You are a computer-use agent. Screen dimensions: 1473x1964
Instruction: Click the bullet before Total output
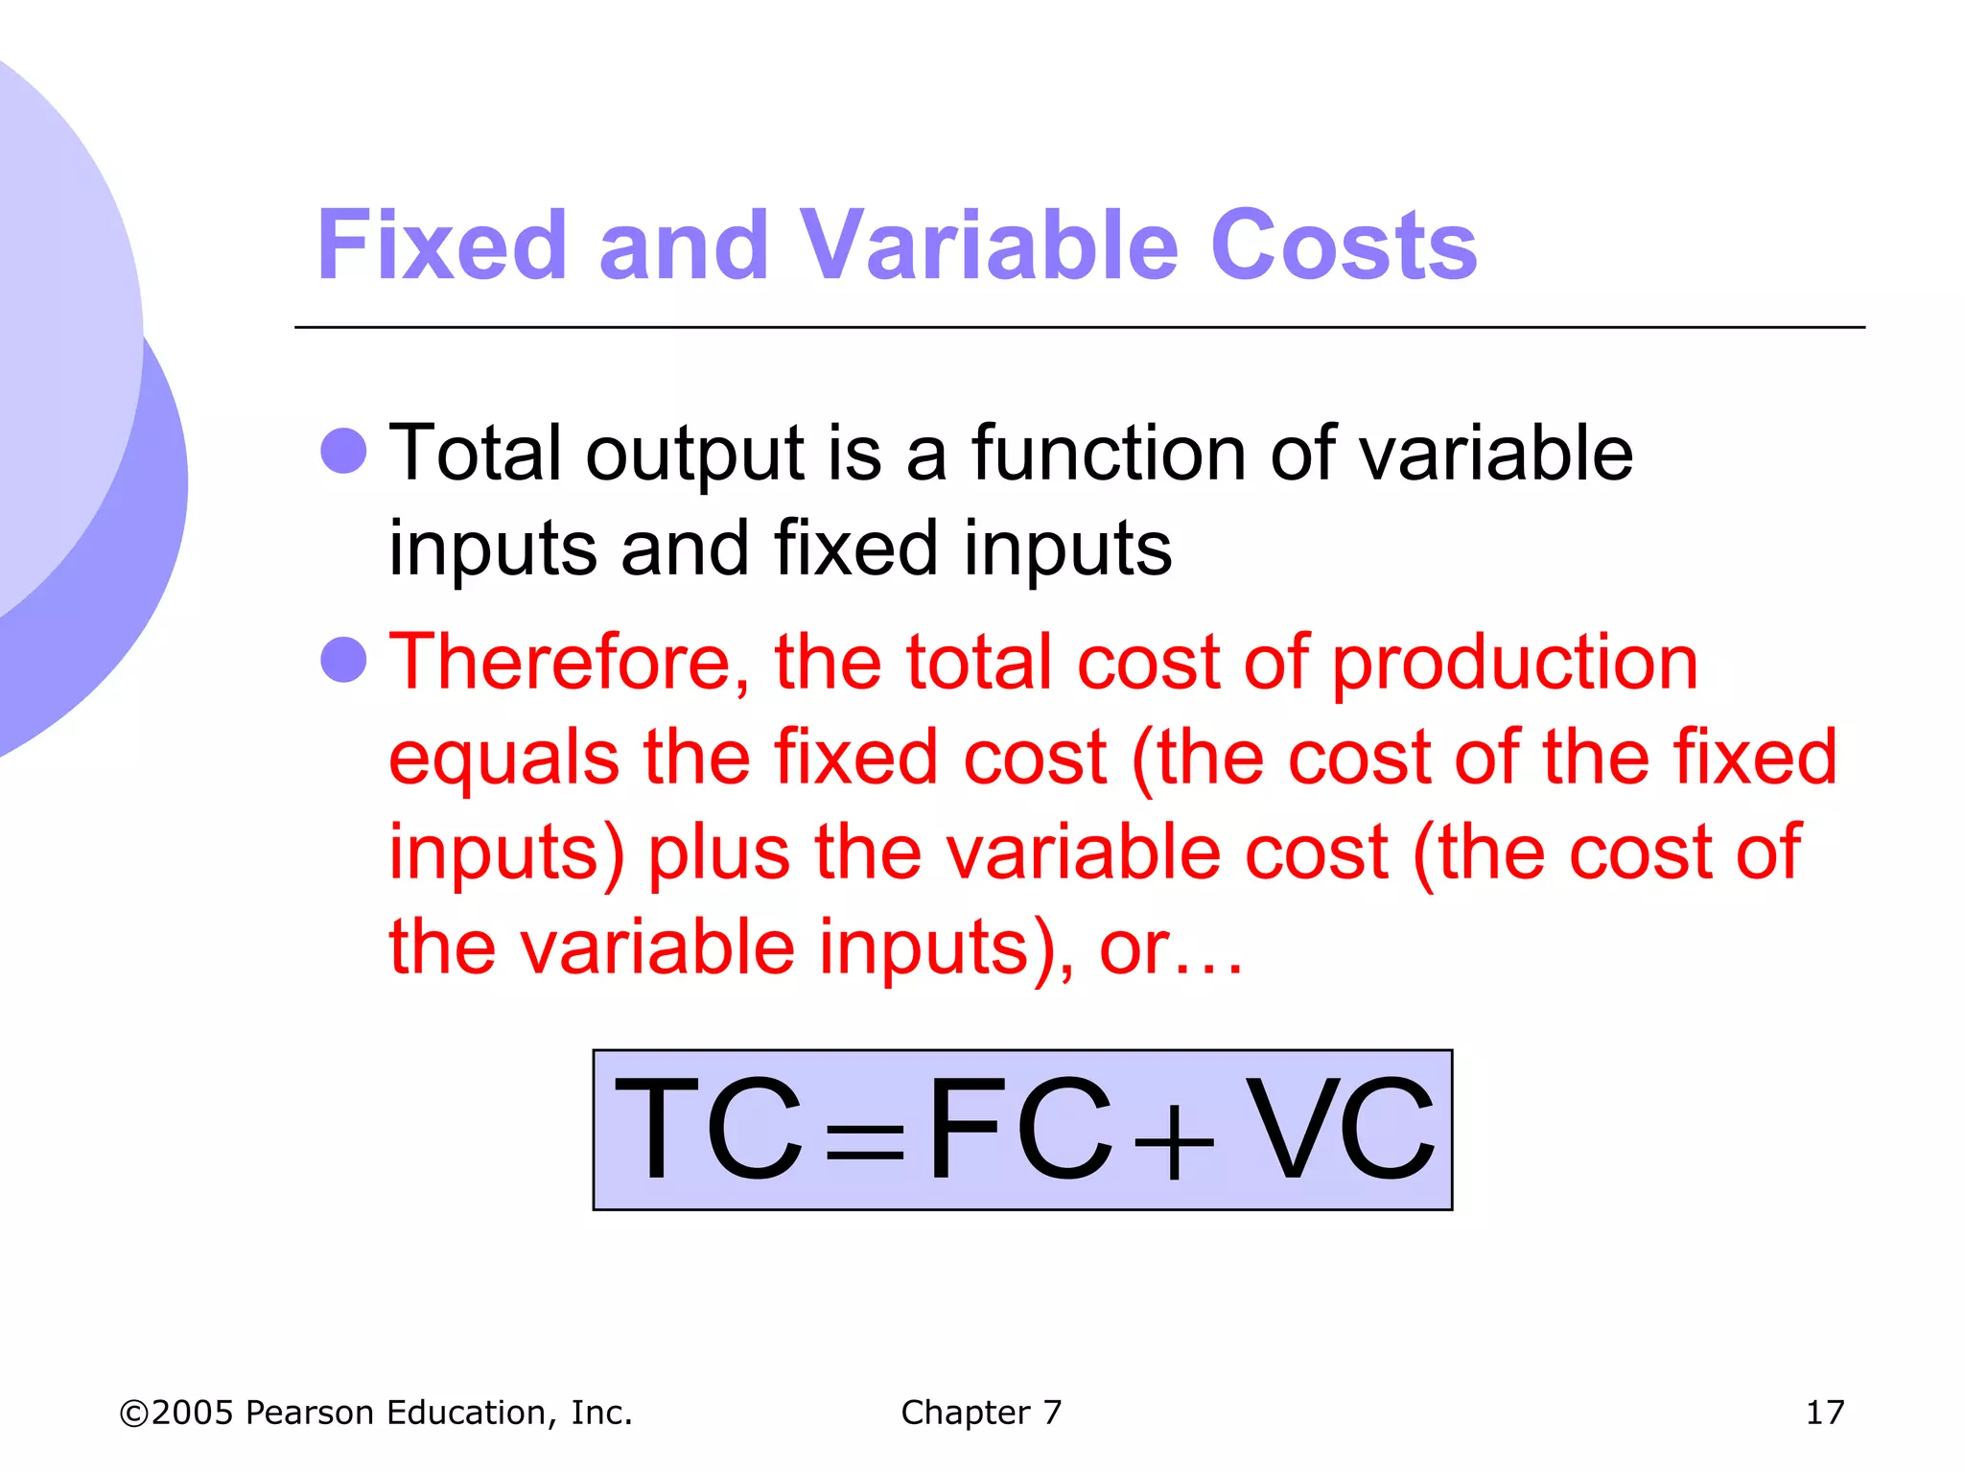343,451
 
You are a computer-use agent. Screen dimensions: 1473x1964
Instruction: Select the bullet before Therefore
343,660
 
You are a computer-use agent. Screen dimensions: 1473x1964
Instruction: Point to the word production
1515,665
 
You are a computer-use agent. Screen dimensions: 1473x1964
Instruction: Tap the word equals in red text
503,759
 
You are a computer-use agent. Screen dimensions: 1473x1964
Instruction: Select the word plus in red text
719,853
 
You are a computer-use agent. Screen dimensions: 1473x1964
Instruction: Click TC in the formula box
708,1129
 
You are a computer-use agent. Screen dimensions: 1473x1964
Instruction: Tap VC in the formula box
1341,1129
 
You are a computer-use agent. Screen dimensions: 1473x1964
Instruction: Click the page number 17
1824,1413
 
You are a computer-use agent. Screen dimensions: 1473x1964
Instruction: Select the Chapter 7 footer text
981,1413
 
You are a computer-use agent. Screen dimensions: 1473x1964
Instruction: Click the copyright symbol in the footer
134,1414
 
